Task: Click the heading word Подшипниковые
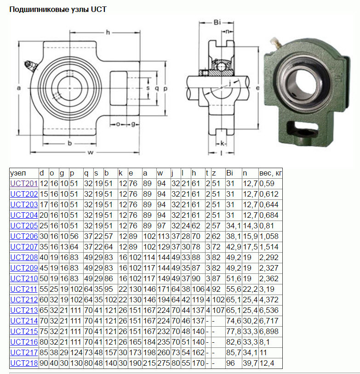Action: click(x=40, y=10)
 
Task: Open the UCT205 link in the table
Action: click(x=24, y=226)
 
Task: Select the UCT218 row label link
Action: click(x=24, y=363)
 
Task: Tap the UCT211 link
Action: click(x=23, y=289)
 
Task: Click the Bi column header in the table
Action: click(x=230, y=173)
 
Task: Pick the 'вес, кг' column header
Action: click(x=270, y=173)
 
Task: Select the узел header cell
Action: click(x=18, y=173)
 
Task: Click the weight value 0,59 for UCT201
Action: click(x=267, y=184)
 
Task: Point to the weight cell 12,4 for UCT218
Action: click(x=267, y=363)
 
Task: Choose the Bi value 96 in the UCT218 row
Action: click(x=230, y=363)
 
